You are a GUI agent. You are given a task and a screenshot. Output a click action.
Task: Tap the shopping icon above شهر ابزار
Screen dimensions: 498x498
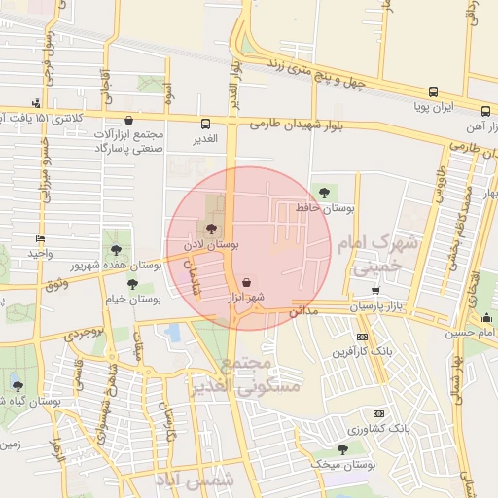click(x=245, y=281)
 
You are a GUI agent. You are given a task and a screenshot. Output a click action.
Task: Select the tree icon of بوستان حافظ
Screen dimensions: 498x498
click(x=323, y=191)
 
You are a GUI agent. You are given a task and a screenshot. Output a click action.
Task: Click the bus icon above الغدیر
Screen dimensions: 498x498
click(x=206, y=124)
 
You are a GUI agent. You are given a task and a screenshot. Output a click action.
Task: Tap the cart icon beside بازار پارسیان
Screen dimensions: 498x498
click(x=375, y=291)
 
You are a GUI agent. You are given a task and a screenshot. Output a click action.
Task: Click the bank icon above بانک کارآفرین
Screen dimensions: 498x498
click(x=362, y=338)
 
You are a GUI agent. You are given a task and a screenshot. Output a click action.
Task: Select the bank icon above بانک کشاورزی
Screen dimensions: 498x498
click(x=378, y=412)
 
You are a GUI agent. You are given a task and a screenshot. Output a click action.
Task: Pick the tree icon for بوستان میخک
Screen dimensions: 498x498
click(x=341, y=448)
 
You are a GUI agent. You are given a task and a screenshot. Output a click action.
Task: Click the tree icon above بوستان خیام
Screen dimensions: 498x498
click(x=133, y=284)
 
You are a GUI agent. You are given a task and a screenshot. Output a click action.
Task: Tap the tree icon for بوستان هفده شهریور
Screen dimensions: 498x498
click(x=117, y=249)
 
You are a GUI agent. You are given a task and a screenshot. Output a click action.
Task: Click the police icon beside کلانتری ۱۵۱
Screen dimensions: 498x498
click(x=37, y=102)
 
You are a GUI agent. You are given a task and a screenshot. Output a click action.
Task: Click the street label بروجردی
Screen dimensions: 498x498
click(x=87, y=333)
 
